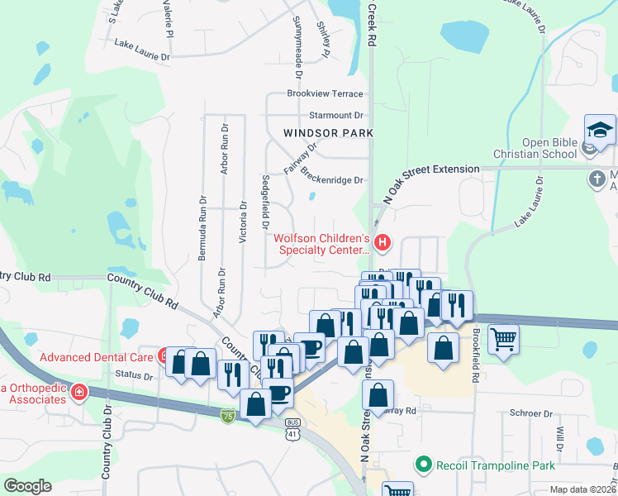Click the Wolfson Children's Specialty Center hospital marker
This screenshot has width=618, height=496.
point(382,242)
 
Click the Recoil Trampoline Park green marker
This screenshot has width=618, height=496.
point(425,465)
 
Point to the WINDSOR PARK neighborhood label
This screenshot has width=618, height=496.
point(328,133)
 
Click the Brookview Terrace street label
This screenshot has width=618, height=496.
point(325,94)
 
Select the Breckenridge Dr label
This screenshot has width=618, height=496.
point(332,176)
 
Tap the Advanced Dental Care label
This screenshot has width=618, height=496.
point(97,357)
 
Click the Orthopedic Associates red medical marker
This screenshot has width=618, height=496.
point(79,392)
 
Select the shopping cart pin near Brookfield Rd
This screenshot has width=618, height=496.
point(504,338)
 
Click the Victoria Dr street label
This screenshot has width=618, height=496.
point(242,221)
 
